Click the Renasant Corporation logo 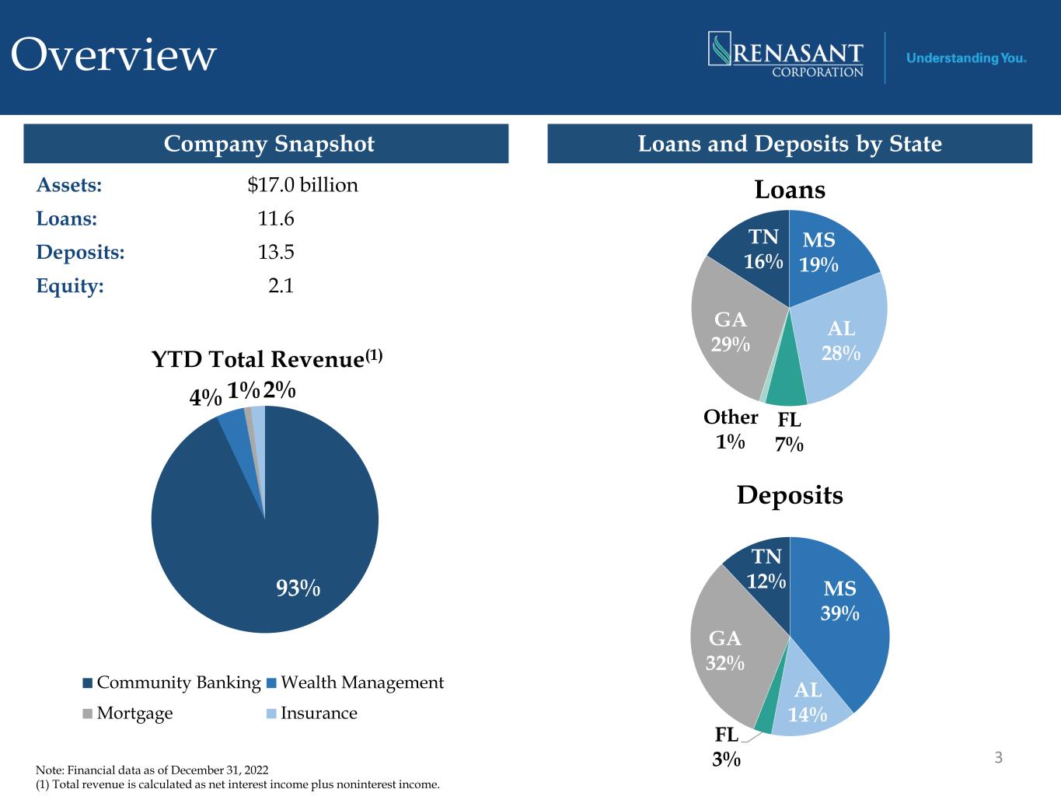pyautogui.click(x=786, y=54)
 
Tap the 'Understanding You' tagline pyautogui.click(x=965, y=58)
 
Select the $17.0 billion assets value pyautogui.click(x=302, y=185)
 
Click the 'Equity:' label pyautogui.click(x=70, y=285)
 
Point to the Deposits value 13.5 pyautogui.click(x=275, y=252)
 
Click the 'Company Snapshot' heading pyautogui.click(x=269, y=144)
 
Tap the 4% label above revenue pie pyautogui.click(x=205, y=398)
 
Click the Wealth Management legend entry pyautogui.click(x=355, y=683)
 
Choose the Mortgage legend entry pyautogui.click(x=127, y=714)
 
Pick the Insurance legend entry pyautogui.click(x=312, y=713)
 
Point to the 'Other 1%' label pyautogui.click(x=731, y=429)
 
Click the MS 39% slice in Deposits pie pyautogui.click(x=841, y=619)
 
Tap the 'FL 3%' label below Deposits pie pyautogui.click(x=726, y=747)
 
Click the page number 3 pyautogui.click(x=998, y=757)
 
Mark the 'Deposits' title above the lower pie pyautogui.click(x=790, y=496)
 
